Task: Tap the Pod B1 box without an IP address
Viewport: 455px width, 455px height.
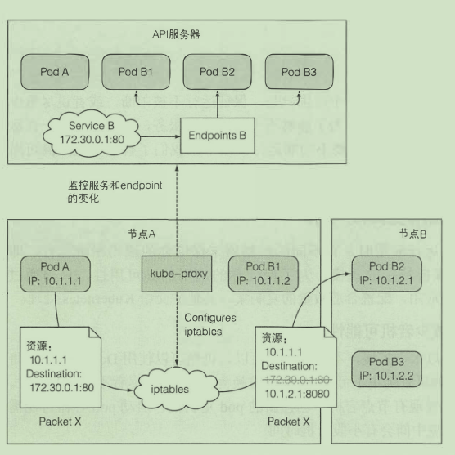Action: pyautogui.click(x=136, y=72)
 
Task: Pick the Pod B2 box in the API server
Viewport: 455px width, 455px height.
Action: pyautogui.click(x=217, y=72)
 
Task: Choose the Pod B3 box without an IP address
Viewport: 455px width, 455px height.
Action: pyautogui.click(x=299, y=72)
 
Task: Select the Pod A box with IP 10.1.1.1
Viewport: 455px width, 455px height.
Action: pyautogui.click(x=56, y=274)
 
